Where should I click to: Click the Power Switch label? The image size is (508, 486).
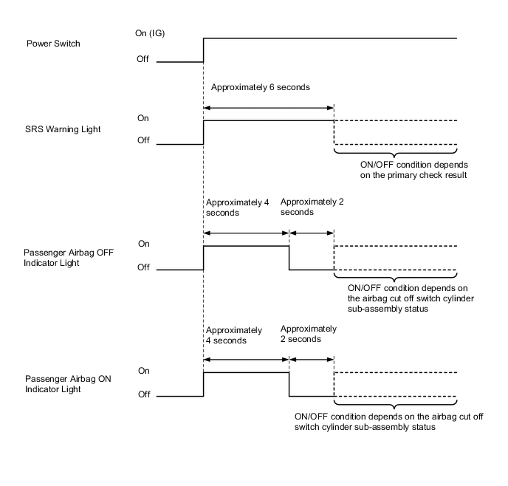pos(53,44)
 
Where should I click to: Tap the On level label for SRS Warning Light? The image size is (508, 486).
pos(144,117)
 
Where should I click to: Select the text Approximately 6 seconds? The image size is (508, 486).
pos(260,87)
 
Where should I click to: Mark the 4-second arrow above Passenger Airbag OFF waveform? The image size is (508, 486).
pos(246,232)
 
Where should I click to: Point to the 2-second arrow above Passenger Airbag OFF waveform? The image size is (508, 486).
pos(312,232)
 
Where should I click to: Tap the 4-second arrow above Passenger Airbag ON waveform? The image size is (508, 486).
pos(246,360)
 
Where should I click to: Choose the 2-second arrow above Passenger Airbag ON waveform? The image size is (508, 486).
pos(312,360)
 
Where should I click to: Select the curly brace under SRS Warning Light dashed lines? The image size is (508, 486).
pos(396,153)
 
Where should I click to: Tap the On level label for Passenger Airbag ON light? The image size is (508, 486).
pos(144,371)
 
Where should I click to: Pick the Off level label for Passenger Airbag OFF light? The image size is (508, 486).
pos(144,267)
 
